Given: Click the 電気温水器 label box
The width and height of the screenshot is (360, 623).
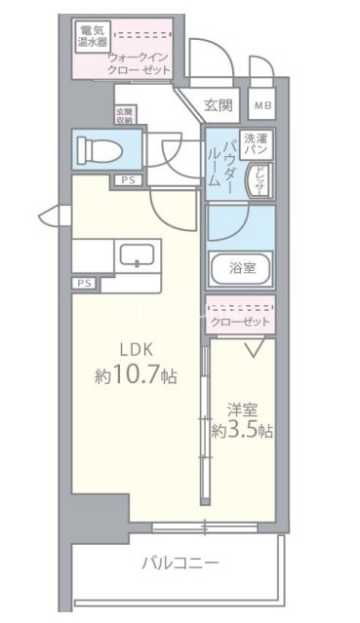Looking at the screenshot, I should click(x=93, y=37).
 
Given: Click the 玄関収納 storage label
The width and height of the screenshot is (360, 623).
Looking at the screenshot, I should click(x=125, y=118).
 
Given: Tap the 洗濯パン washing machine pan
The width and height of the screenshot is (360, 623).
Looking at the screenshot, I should click(x=257, y=145).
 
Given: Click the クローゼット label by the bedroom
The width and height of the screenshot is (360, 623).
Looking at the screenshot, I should click(x=240, y=319).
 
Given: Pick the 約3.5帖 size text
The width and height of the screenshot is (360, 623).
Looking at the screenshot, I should click(x=242, y=430).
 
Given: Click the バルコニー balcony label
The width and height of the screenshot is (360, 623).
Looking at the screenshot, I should click(x=180, y=564).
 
